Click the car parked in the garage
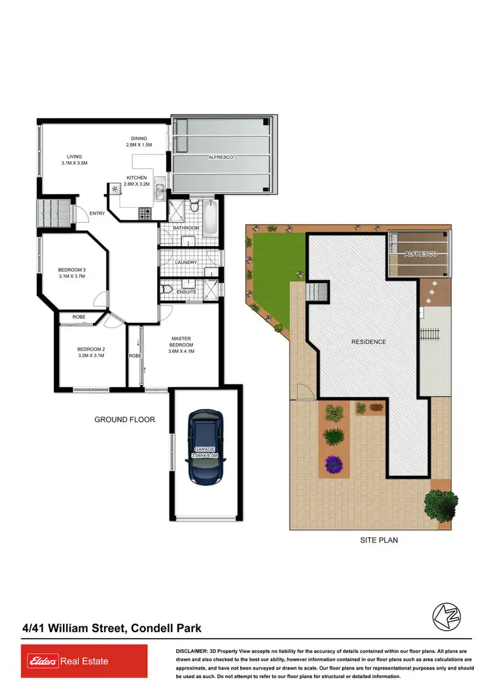[x=206, y=448]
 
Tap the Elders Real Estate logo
[x=65, y=661]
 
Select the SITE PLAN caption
[x=379, y=540]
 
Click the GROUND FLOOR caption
[x=124, y=419]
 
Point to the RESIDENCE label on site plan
[x=368, y=342]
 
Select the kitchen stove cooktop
[x=145, y=212]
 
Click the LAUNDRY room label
[x=186, y=263]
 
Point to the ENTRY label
[x=98, y=213]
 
